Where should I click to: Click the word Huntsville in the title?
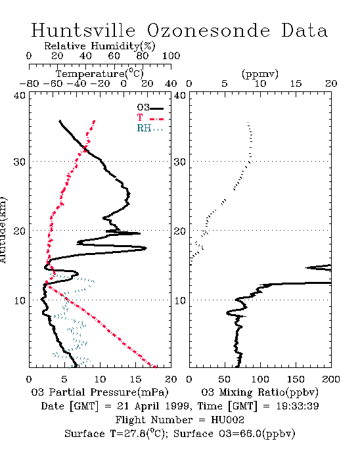83,30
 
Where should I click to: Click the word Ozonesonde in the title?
208,30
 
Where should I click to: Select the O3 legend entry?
150,108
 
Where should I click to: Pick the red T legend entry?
150,118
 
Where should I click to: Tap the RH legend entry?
150,129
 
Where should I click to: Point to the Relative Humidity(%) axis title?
100,46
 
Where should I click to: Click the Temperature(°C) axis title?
100,74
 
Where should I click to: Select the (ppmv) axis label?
260,74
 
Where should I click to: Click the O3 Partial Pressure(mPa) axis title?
100,392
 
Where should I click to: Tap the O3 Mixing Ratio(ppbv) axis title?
259,392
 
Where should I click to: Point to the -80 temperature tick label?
29,84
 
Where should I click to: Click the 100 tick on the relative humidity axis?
171,56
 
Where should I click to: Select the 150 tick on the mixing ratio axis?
296,379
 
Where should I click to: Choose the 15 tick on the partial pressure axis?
135,379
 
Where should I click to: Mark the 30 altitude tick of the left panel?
20,162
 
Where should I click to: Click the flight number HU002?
227,420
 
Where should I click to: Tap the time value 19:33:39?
298,406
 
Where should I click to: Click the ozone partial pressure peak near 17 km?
146,248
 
